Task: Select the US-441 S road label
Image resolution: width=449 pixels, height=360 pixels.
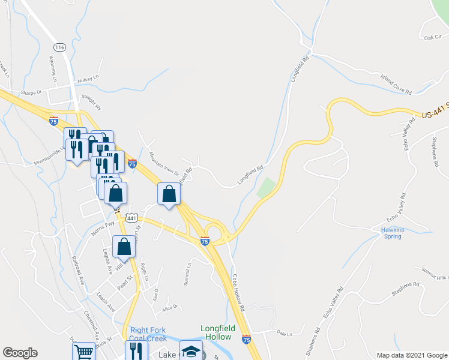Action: click(x=434, y=114)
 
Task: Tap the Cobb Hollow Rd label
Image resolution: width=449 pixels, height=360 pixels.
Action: click(x=239, y=292)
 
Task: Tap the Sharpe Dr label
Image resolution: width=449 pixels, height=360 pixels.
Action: click(x=31, y=92)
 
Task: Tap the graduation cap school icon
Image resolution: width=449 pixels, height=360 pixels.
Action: click(x=191, y=352)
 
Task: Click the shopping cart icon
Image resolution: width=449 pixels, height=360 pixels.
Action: click(x=83, y=352)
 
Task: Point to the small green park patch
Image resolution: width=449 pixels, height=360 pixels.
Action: click(x=267, y=188)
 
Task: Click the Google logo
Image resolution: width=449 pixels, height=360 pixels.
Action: click(x=20, y=353)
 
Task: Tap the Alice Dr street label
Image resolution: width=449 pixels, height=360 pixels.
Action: click(x=170, y=308)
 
